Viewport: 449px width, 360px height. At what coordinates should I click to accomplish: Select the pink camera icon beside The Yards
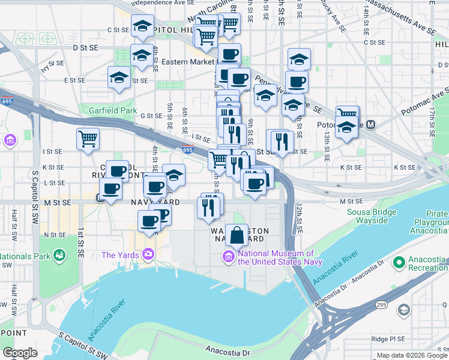148,255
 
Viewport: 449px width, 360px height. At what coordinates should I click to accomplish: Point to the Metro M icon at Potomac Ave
371,125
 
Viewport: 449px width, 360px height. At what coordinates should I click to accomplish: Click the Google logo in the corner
20,353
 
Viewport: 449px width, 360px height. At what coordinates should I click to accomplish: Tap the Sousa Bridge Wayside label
372,216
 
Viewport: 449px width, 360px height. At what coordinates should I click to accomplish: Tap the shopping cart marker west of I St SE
88,139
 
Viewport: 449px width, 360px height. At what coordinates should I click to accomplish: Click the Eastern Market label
187,62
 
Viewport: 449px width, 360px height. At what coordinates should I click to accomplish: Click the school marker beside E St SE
119,78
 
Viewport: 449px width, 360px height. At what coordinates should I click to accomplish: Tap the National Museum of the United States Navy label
280,257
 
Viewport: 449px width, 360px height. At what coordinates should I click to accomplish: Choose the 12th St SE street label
298,217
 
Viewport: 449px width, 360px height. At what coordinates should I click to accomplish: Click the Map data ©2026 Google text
412,355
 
